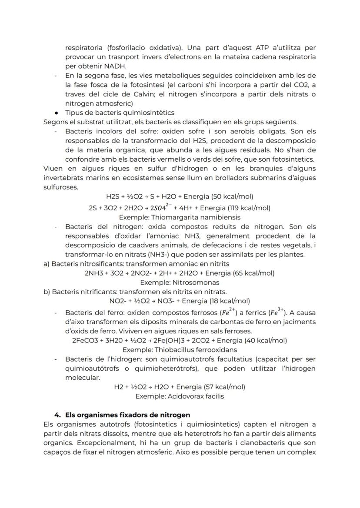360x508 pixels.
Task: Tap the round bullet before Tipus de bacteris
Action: coord(57,113)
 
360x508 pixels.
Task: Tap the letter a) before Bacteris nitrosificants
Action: coord(46,264)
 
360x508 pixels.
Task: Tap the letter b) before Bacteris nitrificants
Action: coord(47,292)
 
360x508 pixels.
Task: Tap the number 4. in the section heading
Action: coord(56,415)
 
